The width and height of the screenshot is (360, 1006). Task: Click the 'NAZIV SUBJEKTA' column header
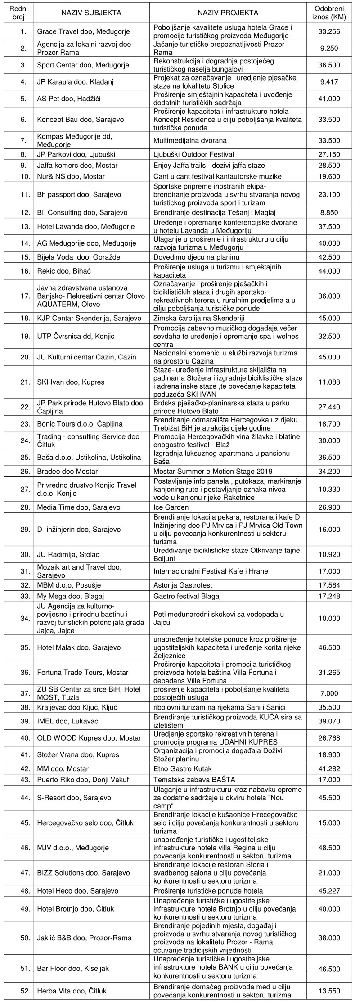(x=91, y=13)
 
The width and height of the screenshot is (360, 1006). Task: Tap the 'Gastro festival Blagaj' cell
(x=185, y=597)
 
